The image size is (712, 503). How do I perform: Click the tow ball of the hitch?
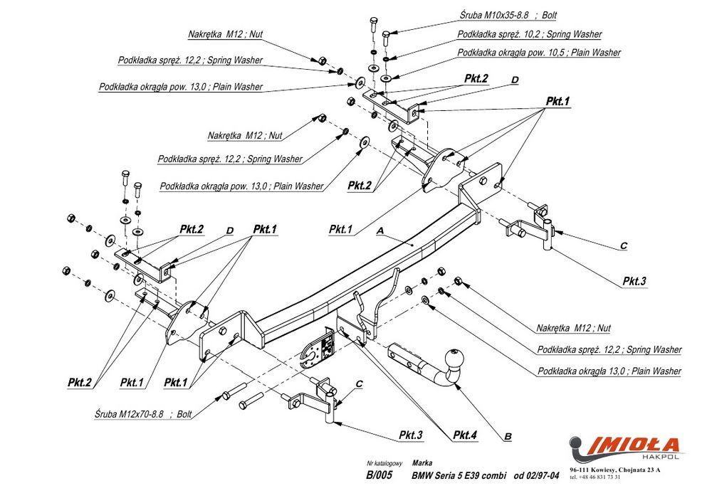coord(454,357)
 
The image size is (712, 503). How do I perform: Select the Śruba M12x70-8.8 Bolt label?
coord(142,413)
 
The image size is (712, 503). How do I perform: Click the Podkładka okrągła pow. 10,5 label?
coord(538,53)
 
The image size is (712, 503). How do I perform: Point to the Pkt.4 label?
coord(466,435)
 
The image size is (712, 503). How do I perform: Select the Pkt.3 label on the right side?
coord(634,281)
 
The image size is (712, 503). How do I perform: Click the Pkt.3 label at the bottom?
coord(411,435)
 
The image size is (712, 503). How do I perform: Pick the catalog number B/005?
coord(379,476)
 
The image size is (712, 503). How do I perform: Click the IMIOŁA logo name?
coord(632,446)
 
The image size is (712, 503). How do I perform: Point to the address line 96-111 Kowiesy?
coord(614,470)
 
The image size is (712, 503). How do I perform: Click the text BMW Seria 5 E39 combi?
coord(459,476)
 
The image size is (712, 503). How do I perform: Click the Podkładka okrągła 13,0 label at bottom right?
coord(609,371)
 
